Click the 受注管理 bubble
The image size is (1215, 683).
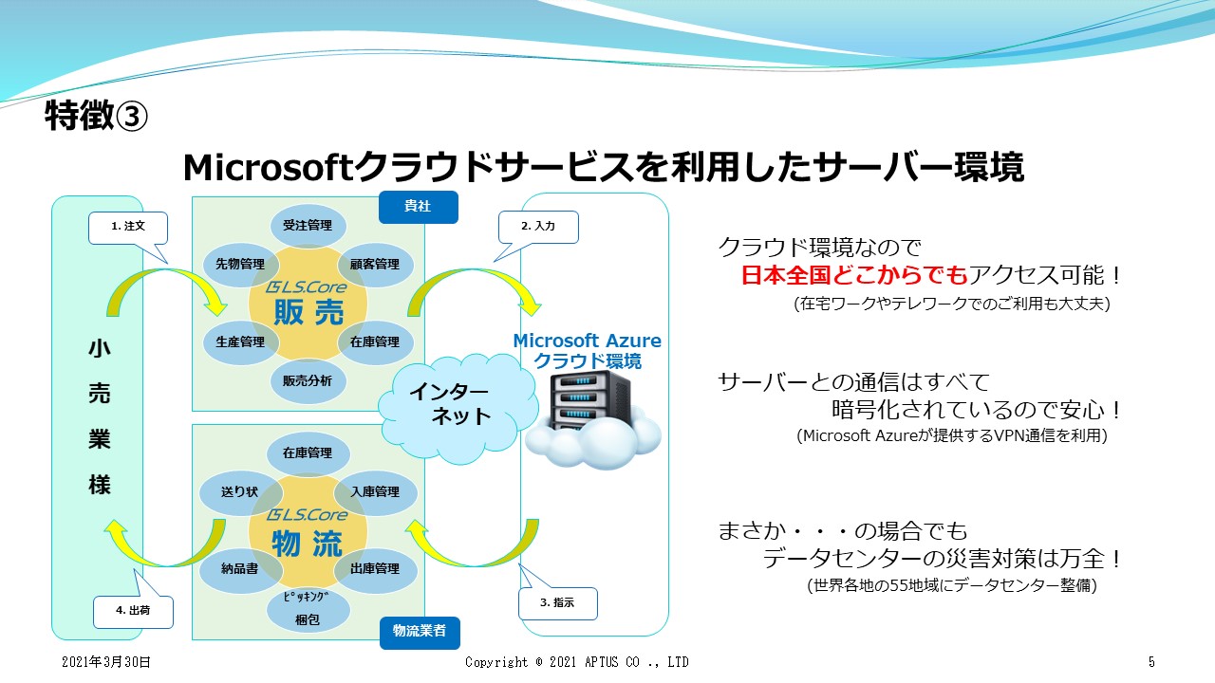tap(308, 226)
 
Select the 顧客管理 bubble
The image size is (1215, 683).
tap(375, 265)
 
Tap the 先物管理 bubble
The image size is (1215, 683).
tap(240, 265)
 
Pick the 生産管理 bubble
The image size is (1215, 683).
tap(240, 342)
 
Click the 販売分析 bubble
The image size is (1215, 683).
tap(308, 381)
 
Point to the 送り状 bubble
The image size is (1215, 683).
tap(239, 492)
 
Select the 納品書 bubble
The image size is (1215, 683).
tap(239, 569)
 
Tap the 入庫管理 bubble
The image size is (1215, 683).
tap(375, 492)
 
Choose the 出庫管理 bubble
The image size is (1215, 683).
tap(375, 569)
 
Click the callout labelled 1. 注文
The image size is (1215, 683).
tap(127, 227)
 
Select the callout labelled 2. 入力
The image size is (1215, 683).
tap(538, 227)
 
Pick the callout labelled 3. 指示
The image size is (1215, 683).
tap(558, 602)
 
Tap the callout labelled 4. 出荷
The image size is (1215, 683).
tap(133, 611)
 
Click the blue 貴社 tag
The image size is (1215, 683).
tap(418, 207)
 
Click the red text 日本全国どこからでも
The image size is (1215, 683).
tap(853, 276)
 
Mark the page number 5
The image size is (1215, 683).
tap(1150, 662)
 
